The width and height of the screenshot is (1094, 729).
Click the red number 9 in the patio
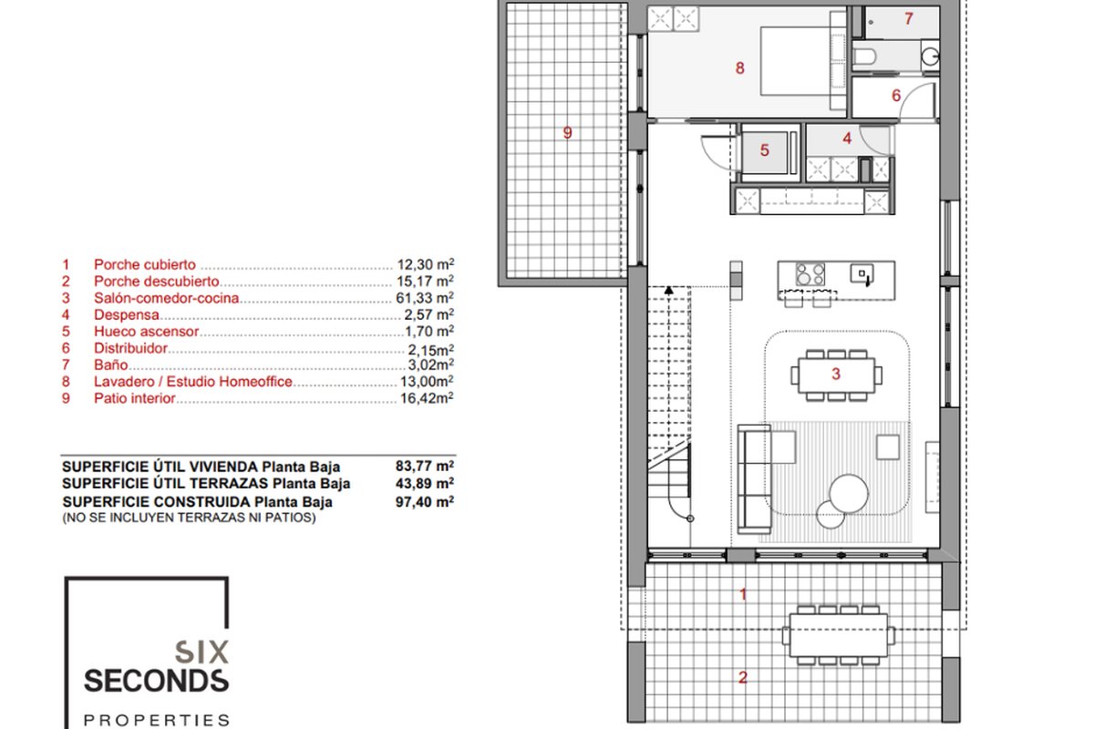click(x=567, y=133)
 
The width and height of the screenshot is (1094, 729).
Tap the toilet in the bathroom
click(x=863, y=56)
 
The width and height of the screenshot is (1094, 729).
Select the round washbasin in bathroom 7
click(x=931, y=56)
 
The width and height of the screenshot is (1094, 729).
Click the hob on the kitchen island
click(x=810, y=274)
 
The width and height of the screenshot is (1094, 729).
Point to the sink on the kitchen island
click(x=862, y=274)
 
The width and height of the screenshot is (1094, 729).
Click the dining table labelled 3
click(x=837, y=375)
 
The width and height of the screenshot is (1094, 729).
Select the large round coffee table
click(x=849, y=494)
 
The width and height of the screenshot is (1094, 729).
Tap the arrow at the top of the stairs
click(x=668, y=290)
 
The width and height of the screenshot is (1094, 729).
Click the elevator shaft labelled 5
click(x=765, y=152)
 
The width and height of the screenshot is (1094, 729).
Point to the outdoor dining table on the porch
click(x=839, y=635)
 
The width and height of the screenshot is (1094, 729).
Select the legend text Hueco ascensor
click(x=147, y=332)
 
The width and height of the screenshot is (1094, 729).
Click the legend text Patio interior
click(x=134, y=398)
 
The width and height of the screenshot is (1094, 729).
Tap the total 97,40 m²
click(x=425, y=501)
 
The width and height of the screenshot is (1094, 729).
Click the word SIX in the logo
click(x=201, y=652)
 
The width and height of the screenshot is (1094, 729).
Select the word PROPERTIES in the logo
click(x=156, y=720)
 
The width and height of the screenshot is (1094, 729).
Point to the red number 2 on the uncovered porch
click(x=743, y=678)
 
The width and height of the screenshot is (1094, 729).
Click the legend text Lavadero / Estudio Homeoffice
click(x=193, y=382)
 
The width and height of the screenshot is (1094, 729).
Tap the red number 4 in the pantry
click(x=847, y=139)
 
